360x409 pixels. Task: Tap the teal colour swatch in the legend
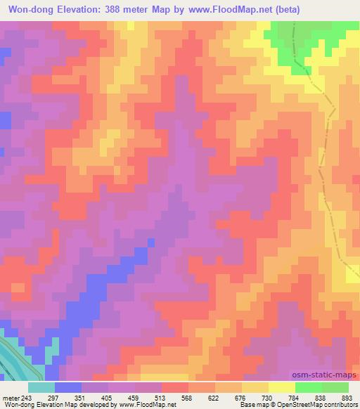coord(41,387)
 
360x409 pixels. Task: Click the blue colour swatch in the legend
coord(67,387)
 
